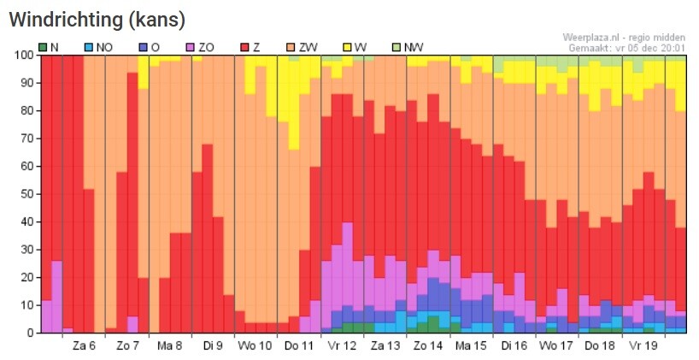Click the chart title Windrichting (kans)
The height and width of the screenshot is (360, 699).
[97, 19]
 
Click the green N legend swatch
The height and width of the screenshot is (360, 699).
[43, 47]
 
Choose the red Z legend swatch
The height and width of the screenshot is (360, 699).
[244, 47]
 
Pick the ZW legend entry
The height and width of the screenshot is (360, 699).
[303, 47]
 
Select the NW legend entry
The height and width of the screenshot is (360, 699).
[408, 47]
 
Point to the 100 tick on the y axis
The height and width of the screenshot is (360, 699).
[24, 56]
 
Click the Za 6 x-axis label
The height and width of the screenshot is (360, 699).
[84, 345]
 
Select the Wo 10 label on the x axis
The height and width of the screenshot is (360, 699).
[256, 345]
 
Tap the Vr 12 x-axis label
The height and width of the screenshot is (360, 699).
[342, 345]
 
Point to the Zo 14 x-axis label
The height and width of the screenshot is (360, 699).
[428, 345]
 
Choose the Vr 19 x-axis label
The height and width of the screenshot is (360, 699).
[643, 345]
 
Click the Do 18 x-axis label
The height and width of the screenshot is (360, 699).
[600, 345]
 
